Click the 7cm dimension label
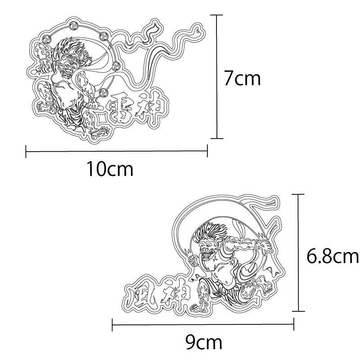(x=242, y=78)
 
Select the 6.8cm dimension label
(x=332, y=256)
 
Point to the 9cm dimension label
(x=204, y=342)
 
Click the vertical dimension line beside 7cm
(x=217, y=76)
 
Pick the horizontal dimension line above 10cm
(x=117, y=151)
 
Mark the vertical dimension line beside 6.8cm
(x=298, y=252)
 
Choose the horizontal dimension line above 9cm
(x=203, y=324)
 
